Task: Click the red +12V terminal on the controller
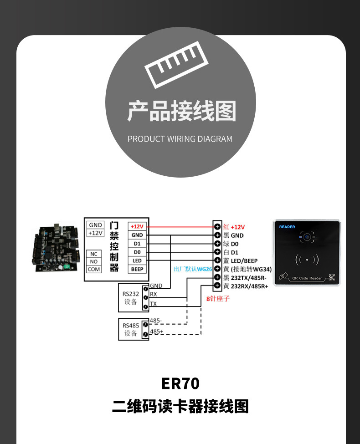tap(137, 226)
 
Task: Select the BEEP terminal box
tap(137, 269)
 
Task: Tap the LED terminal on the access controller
tap(137, 260)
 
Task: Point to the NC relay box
tap(94, 254)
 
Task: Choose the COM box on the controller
tap(94, 269)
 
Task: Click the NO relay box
tap(94, 261)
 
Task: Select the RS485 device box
tap(130, 329)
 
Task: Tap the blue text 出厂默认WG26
tap(193, 269)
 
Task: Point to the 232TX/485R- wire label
tap(249, 277)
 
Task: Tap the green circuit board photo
tap(54, 248)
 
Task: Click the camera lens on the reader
tap(307, 237)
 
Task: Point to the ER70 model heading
tap(180, 383)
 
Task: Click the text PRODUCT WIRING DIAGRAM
tap(180, 139)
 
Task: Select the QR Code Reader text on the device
tap(307, 278)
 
